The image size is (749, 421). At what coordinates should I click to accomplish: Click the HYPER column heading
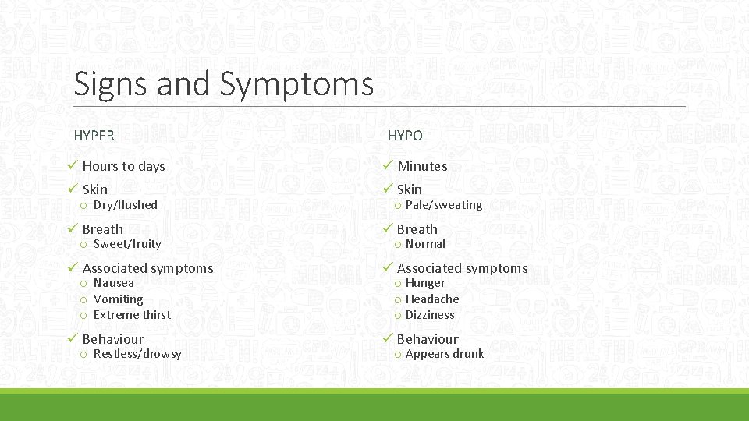pos(94,136)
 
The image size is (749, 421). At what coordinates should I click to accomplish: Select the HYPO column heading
pos(405,136)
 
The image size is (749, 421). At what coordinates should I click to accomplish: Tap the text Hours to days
pos(123,166)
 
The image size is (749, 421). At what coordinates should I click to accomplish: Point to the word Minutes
pos(422,166)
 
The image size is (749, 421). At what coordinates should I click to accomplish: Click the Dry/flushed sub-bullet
pos(125,205)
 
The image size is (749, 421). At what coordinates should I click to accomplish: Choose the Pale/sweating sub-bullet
pos(443,205)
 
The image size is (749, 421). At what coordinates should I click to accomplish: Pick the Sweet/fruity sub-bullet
pos(126,244)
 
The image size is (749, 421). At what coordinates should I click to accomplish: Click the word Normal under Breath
pos(425,244)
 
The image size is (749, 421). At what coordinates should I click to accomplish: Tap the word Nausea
pos(113,283)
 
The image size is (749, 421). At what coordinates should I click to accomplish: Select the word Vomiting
pos(118,299)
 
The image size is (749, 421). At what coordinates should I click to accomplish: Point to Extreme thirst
pos(132,315)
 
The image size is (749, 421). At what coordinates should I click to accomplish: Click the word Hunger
pos(425,283)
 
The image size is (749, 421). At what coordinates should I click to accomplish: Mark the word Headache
pos(432,299)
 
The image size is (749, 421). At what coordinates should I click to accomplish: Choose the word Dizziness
pos(429,315)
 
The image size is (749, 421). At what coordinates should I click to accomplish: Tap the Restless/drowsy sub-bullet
pos(137,354)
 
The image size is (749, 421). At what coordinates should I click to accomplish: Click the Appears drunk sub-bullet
pos(444,354)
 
